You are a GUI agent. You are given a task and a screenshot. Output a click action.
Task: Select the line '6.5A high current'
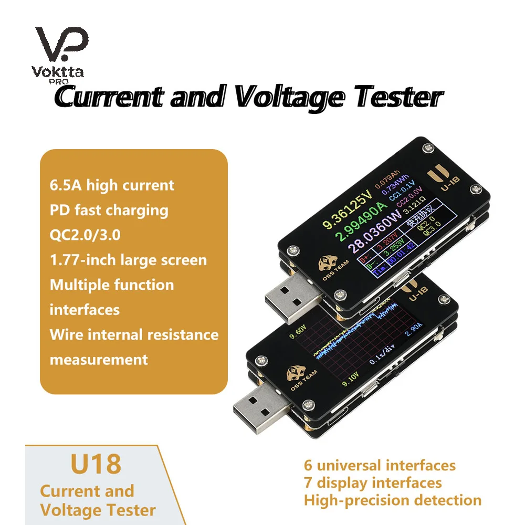[111, 185]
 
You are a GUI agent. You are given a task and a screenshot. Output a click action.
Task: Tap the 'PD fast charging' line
[109, 210]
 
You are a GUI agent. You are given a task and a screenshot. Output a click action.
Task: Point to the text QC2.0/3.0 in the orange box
[85, 235]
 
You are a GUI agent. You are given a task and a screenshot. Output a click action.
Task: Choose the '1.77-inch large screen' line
[128, 260]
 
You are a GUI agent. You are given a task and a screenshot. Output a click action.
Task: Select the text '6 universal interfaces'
[380, 465]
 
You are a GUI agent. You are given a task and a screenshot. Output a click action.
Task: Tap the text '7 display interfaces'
[373, 482]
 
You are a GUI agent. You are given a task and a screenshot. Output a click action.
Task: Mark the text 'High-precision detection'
[392, 500]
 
